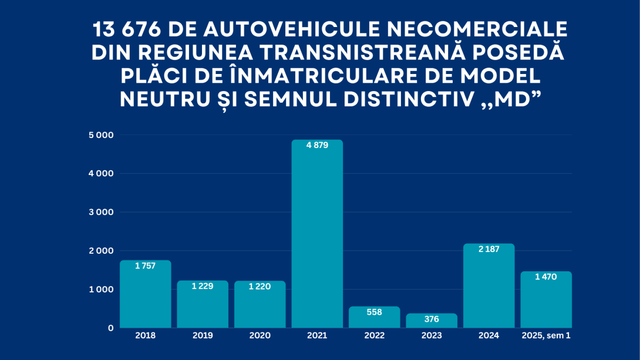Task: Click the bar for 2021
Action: click(x=317, y=235)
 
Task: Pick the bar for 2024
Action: click(x=489, y=287)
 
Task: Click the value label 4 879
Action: click(x=317, y=145)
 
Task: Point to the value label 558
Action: click(x=374, y=312)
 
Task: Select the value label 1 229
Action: click(x=203, y=286)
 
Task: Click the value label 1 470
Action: click(x=545, y=277)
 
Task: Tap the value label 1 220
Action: click(x=260, y=287)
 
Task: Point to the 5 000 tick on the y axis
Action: click(x=101, y=135)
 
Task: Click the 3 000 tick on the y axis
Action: click(x=101, y=212)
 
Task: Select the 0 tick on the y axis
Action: click(x=110, y=328)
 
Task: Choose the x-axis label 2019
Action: click(x=203, y=336)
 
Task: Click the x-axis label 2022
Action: click(x=374, y=336)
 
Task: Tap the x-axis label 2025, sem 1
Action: click(x=545, y=336)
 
